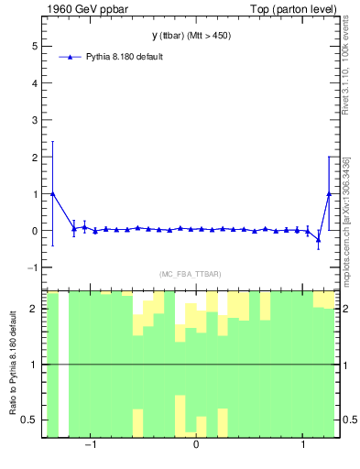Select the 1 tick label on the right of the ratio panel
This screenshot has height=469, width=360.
click(x=344, y=365)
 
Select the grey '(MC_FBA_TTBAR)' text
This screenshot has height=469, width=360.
click(x=190, y=274)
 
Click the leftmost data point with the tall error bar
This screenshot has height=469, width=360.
click(x=52, y=193)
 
